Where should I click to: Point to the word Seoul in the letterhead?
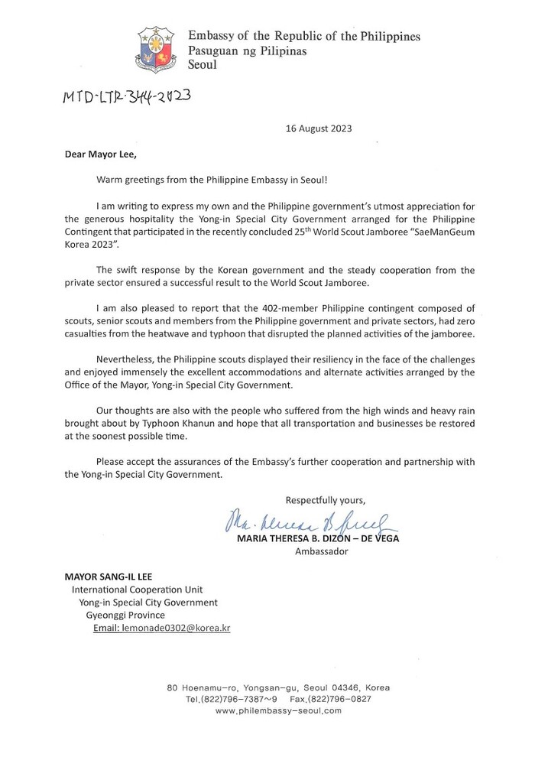pos(203,65)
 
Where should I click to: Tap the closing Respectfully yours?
pos(326,500)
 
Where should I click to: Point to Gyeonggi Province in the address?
pos(125,615)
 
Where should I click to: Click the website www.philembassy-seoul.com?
pos(278,710)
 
